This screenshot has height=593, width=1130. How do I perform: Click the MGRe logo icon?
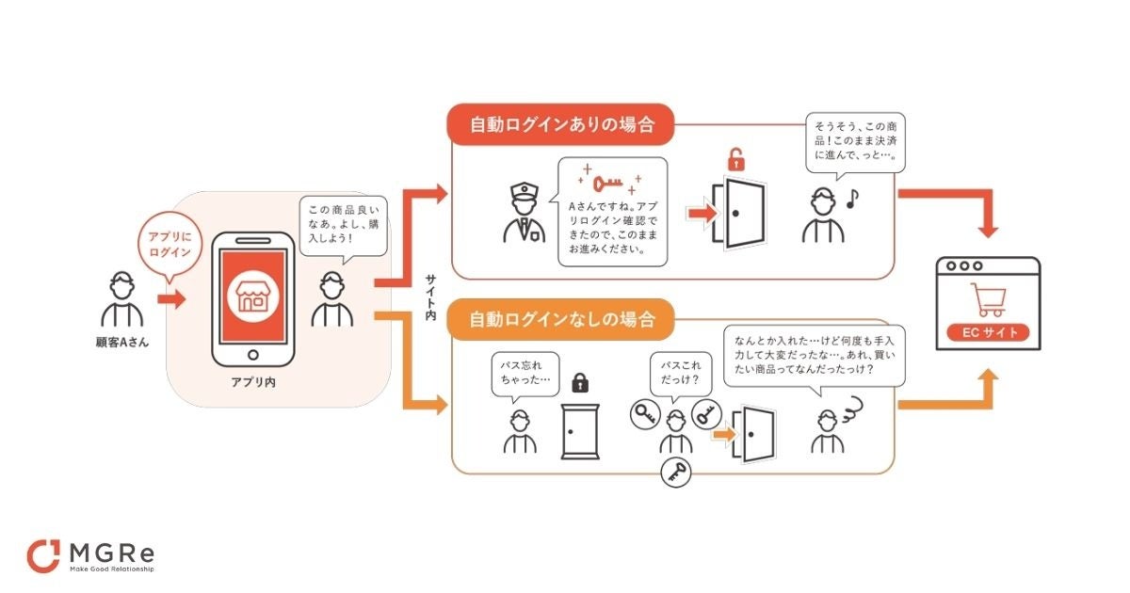coord(43,556)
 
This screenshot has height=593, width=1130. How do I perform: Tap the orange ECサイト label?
coord(987,332)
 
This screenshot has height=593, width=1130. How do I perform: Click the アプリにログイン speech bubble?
coord(170,245)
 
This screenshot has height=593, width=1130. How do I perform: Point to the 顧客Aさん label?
coord(121,342)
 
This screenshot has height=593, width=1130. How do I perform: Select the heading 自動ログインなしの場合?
coord(562,319)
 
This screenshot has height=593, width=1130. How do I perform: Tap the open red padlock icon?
coord(735,159)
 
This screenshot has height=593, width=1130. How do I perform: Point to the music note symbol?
coord(853,200)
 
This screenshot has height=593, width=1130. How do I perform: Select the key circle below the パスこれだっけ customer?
coord(675,473)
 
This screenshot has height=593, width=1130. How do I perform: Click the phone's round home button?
coord(251,356)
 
